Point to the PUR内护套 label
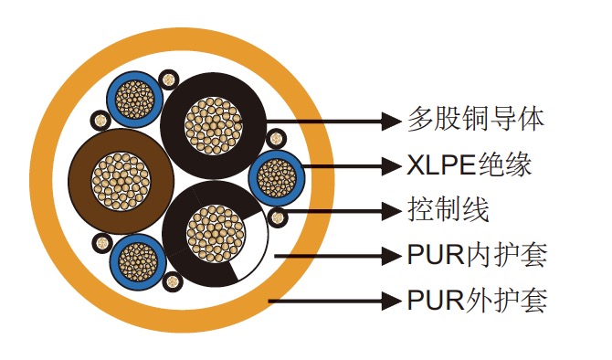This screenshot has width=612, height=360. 476,255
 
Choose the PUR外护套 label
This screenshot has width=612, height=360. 476,300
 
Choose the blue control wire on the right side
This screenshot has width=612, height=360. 276,176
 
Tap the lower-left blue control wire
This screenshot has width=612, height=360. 136,260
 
